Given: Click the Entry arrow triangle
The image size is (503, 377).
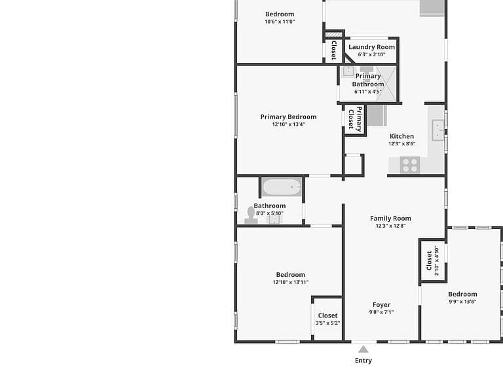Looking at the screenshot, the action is coord(363,349).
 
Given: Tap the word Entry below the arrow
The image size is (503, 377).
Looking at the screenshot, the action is coord(363,361).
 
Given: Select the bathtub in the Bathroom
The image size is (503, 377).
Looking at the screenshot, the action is coord(282,187).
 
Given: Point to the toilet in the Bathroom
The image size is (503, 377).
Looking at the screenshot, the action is coord(251,215).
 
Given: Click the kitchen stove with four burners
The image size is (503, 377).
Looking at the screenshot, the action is coord(410,165).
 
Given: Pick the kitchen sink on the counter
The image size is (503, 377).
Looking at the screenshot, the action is coord(438,130).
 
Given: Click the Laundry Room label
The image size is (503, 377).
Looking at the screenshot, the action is coord(371,47).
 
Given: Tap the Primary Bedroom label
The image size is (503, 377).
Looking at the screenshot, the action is coord(288,117).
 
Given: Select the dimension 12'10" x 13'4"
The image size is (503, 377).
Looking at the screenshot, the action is coord(288,124).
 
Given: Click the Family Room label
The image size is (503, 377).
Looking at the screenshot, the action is coord(390,219).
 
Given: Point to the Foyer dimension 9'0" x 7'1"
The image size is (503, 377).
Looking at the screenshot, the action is coord(381,312).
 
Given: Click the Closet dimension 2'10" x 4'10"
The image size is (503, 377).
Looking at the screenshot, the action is coord(436,260).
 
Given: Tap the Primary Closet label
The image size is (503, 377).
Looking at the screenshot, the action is coord(355,119).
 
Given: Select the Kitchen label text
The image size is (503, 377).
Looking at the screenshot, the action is coord(401,136).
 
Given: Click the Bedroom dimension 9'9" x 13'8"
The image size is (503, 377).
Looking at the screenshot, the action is coord(462,301).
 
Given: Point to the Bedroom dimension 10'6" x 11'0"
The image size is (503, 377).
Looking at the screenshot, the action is coord(280,22).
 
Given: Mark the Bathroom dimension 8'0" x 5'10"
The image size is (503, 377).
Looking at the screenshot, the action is coord(269,213).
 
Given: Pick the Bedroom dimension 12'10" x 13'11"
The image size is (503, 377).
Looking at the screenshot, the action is coord(291,282).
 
